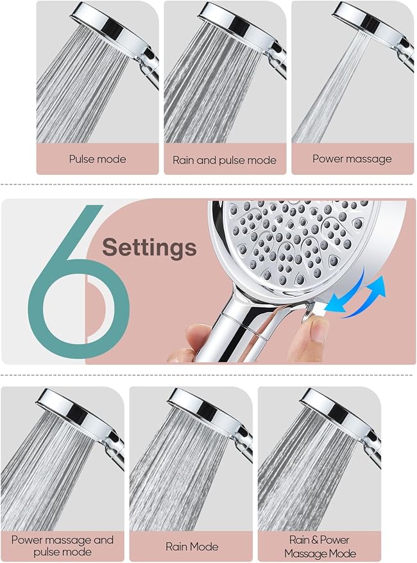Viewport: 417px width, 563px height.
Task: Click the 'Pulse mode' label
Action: (x=98, y=159)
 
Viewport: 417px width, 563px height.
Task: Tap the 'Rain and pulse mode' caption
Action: (x=225, y=159)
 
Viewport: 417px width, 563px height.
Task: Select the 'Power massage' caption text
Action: (x=352, y=158)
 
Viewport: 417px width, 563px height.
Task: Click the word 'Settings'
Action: (x=149, y=247)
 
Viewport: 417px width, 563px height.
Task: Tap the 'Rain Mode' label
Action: (x=191, y=546)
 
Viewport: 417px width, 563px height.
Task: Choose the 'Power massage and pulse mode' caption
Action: (x=62, y=546)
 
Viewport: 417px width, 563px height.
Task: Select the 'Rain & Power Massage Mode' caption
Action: (x=319, y=546)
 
